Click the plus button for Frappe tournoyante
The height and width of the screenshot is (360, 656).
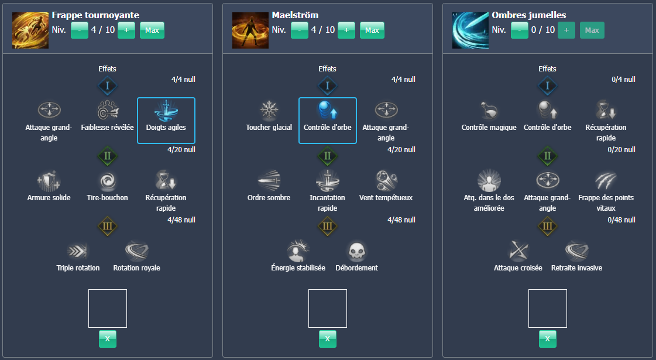(x=126, y=30)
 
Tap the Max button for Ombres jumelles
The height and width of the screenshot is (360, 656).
(x=592, y=30)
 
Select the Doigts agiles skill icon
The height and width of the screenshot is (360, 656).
(x=166, y=111)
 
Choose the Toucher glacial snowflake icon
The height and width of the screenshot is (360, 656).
(x=269, y=111)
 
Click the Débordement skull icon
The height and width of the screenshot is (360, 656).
(x=356, y=251)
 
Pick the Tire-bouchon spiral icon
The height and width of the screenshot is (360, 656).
(x=108, y=180)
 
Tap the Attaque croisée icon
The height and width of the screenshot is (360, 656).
(x=518, y=251)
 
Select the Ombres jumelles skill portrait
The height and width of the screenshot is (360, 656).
(x=470, y=30)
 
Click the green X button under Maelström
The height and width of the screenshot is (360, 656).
(x=328, y=338)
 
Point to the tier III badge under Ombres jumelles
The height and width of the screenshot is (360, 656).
(x=547, y=227)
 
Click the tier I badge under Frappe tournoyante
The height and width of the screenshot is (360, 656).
(x=107, y=86)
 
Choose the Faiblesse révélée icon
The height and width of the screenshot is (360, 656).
(x=108, y=111)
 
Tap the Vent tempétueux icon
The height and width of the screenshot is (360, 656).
(x=386, y=180)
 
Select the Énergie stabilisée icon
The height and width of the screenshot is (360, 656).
(x=298, y=251)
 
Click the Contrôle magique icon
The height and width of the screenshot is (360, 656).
(x=489, y=111)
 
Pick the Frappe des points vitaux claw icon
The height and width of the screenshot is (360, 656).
(x=606, y=180)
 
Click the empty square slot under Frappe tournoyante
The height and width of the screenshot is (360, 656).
(x=108, y=308)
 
